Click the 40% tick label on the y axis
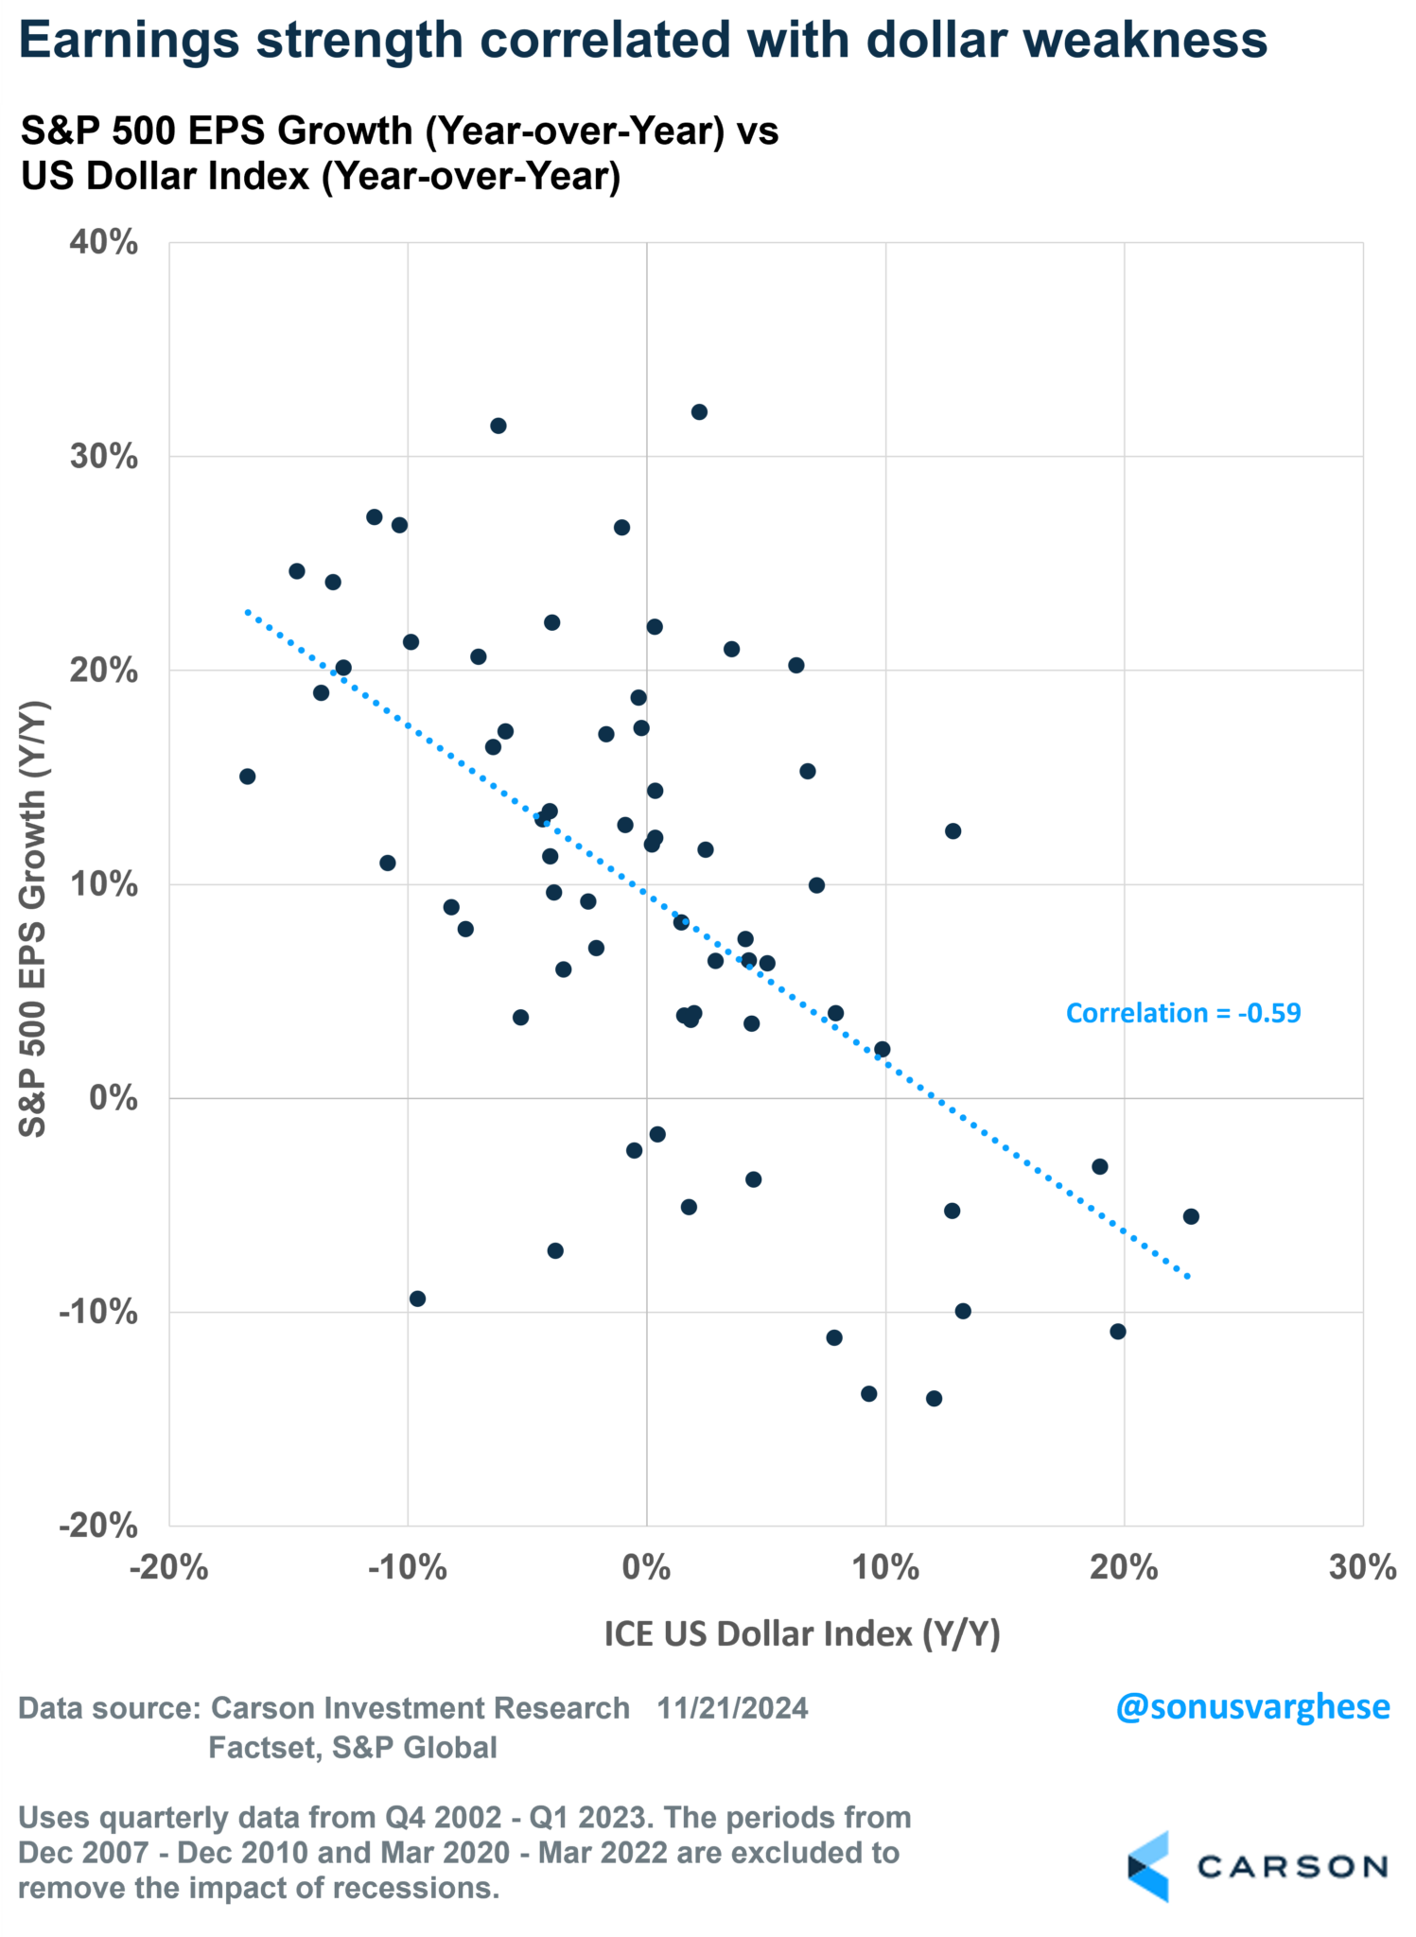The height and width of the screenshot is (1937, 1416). click(103, 242)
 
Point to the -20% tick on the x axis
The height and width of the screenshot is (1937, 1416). click(168, 1567)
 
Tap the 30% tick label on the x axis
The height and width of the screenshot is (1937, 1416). click(1362, 1567)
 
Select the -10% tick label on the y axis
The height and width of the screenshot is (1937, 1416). click(98, 1312)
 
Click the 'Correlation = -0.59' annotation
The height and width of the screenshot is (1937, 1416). click(1182, 1013)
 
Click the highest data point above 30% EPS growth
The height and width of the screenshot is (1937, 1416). click(699, 412)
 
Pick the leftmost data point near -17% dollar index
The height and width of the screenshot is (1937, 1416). click(247, 777)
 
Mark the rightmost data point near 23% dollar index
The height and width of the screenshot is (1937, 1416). click(1191, 1216)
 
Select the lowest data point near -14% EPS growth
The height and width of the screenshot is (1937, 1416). click(934, 1398)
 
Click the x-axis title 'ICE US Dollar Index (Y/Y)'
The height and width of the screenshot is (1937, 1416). click(801, 1633)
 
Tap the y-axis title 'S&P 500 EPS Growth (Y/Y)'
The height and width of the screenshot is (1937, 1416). click(34, 917)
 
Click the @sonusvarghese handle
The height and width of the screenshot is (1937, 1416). click(1252, 1707)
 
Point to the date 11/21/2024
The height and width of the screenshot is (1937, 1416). click(732, 1708)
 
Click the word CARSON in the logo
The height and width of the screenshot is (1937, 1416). click(1292, 1866)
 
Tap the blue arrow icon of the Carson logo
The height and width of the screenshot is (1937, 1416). click(1148, 1865)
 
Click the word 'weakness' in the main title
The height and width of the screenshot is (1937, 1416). click(1142, 41)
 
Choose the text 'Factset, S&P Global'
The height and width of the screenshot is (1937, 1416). click(353, 1748)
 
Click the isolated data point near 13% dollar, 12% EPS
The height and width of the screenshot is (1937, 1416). click(953, 831)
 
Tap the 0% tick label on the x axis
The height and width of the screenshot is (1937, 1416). click(646, 1567)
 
